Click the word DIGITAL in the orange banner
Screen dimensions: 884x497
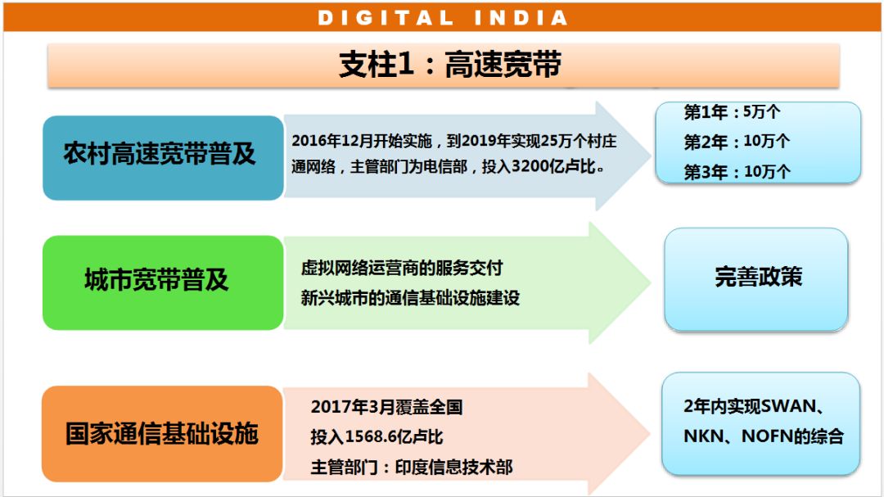(386, 17)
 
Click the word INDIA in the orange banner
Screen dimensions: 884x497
(521, 17)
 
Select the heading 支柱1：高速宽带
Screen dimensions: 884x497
(450, 65)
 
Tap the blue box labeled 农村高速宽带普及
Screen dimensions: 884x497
(163, 158)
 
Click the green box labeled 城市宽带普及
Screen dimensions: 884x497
(163, 282)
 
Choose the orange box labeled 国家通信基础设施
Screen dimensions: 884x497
(162, 434)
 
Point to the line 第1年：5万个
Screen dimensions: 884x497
(732, 111)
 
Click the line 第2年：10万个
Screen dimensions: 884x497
(737, 141)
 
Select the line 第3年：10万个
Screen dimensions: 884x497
(737, 171)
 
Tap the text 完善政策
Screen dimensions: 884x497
(758, 277)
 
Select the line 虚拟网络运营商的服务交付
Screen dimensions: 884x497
(401, 268)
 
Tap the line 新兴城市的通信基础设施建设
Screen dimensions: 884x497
(410, 298)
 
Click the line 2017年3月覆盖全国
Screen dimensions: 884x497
(386, 407)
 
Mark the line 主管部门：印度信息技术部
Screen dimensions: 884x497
(412, 467)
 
